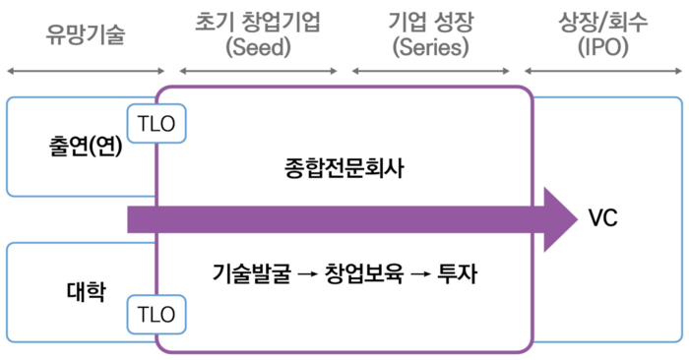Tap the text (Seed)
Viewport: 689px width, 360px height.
pos(258,47)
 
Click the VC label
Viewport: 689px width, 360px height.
pos(602,218)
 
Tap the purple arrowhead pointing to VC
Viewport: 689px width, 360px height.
pos(559,218)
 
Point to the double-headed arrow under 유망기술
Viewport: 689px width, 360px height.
pos(86,71)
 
